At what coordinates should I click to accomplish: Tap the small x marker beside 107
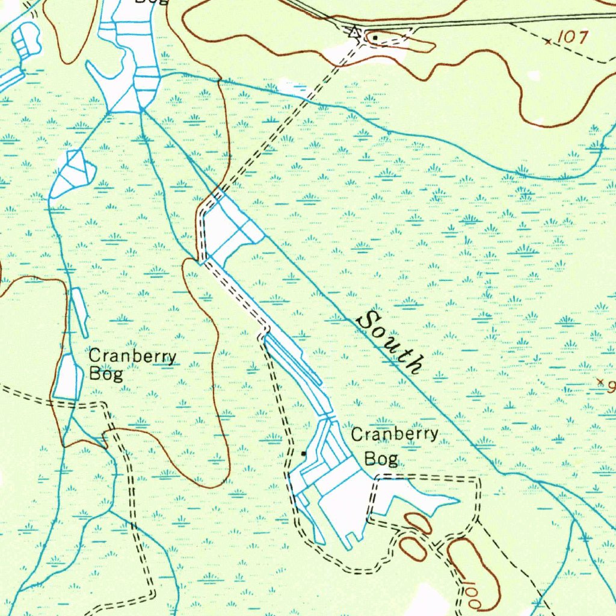tap(547, 42)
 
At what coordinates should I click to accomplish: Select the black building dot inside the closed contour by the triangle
tap(375, 38)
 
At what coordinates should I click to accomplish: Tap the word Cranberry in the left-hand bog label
tap(132, 356)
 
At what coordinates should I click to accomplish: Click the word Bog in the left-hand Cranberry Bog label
tap(106, 374)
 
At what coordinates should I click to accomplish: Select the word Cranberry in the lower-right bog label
tap(395, 434)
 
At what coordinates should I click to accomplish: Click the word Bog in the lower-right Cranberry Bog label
tap(381, 459)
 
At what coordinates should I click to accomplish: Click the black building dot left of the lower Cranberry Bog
tap(304, 453)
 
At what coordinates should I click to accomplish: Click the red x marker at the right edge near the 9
tap(599, 381)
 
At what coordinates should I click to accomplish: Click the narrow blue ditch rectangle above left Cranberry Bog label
tap(80, 312)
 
